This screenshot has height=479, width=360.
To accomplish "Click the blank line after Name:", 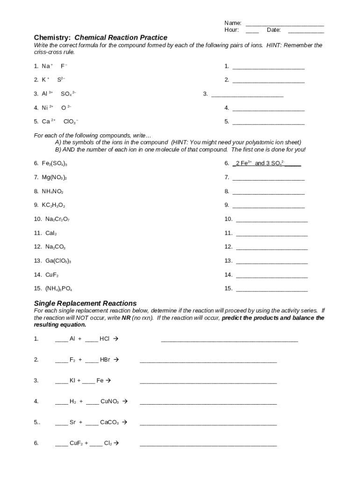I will pos(284,23).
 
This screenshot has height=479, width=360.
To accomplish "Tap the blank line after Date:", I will pos(306,30).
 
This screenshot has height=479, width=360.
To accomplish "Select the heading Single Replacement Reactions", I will pos(85,303).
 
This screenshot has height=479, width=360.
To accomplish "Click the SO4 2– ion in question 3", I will pos(68,94).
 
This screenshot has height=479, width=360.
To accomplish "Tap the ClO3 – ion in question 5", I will pos(71,122).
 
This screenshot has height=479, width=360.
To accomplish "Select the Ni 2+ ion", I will pos(47,108).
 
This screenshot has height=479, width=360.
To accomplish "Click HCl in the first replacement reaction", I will pos(105,339).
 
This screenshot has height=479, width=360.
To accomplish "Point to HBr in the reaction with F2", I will pos(105,360).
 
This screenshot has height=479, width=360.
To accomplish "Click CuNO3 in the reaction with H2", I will pos(110,401).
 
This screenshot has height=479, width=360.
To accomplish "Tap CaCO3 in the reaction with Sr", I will pos(109,422).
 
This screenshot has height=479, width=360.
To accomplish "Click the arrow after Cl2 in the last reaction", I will pos(116,443).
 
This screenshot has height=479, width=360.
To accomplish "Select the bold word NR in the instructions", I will pos(126,318).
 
